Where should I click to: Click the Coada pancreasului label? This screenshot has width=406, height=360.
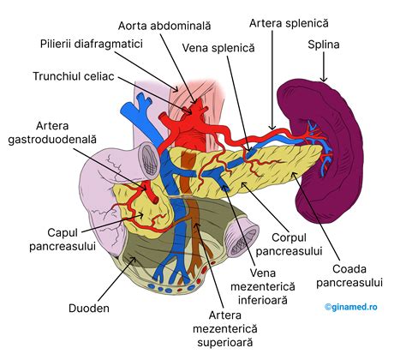click(x=350, y=272)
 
